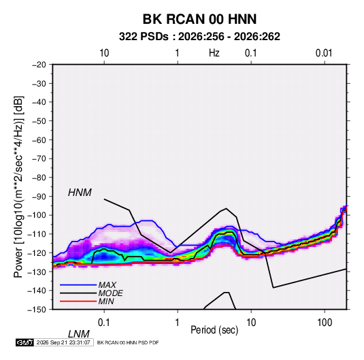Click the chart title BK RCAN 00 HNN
click(199, 19)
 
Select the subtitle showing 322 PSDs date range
click(199, 37)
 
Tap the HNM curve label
click(80, 193)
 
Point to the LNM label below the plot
click(79, 334)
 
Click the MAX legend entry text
click(107, 284)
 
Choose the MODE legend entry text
click(110, 293)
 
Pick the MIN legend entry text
click(106, 301)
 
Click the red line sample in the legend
click(78, 301)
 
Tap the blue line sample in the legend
click(78, 284)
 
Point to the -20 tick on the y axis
click(39, 65)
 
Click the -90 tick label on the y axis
click(39, 197)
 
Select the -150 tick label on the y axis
click(37, 310)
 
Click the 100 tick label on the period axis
click(325, 323)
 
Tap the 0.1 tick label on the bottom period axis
click(104, 323)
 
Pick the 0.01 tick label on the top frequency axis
click(324, 53)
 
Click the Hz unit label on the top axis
click(214, 53)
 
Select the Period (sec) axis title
click(214, 330)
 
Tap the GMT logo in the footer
click(25, 342)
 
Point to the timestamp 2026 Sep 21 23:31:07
click(63, 342)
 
